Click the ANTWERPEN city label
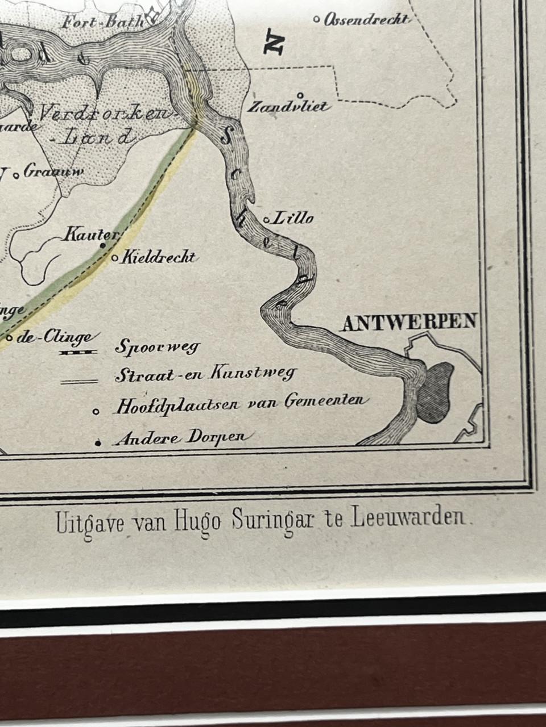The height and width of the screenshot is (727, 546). pyautogui.click(x=408, y=322)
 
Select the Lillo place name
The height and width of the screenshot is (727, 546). pyautogui.click(x=292, y=218)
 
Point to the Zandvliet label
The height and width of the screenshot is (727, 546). pyautogui.click(x=288, y=106)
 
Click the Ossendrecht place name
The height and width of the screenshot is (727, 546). pyautogui.click(x=366, y=20)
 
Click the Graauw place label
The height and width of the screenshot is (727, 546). pyautogui.click(x=53, y=172)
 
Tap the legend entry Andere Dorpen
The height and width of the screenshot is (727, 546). pyautogui.click(x=181, y=438)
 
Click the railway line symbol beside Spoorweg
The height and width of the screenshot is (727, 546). pyautogui.click(x=79, y=353)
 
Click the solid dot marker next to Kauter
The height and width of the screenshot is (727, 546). pyautogui.click(x=103, y=245)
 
